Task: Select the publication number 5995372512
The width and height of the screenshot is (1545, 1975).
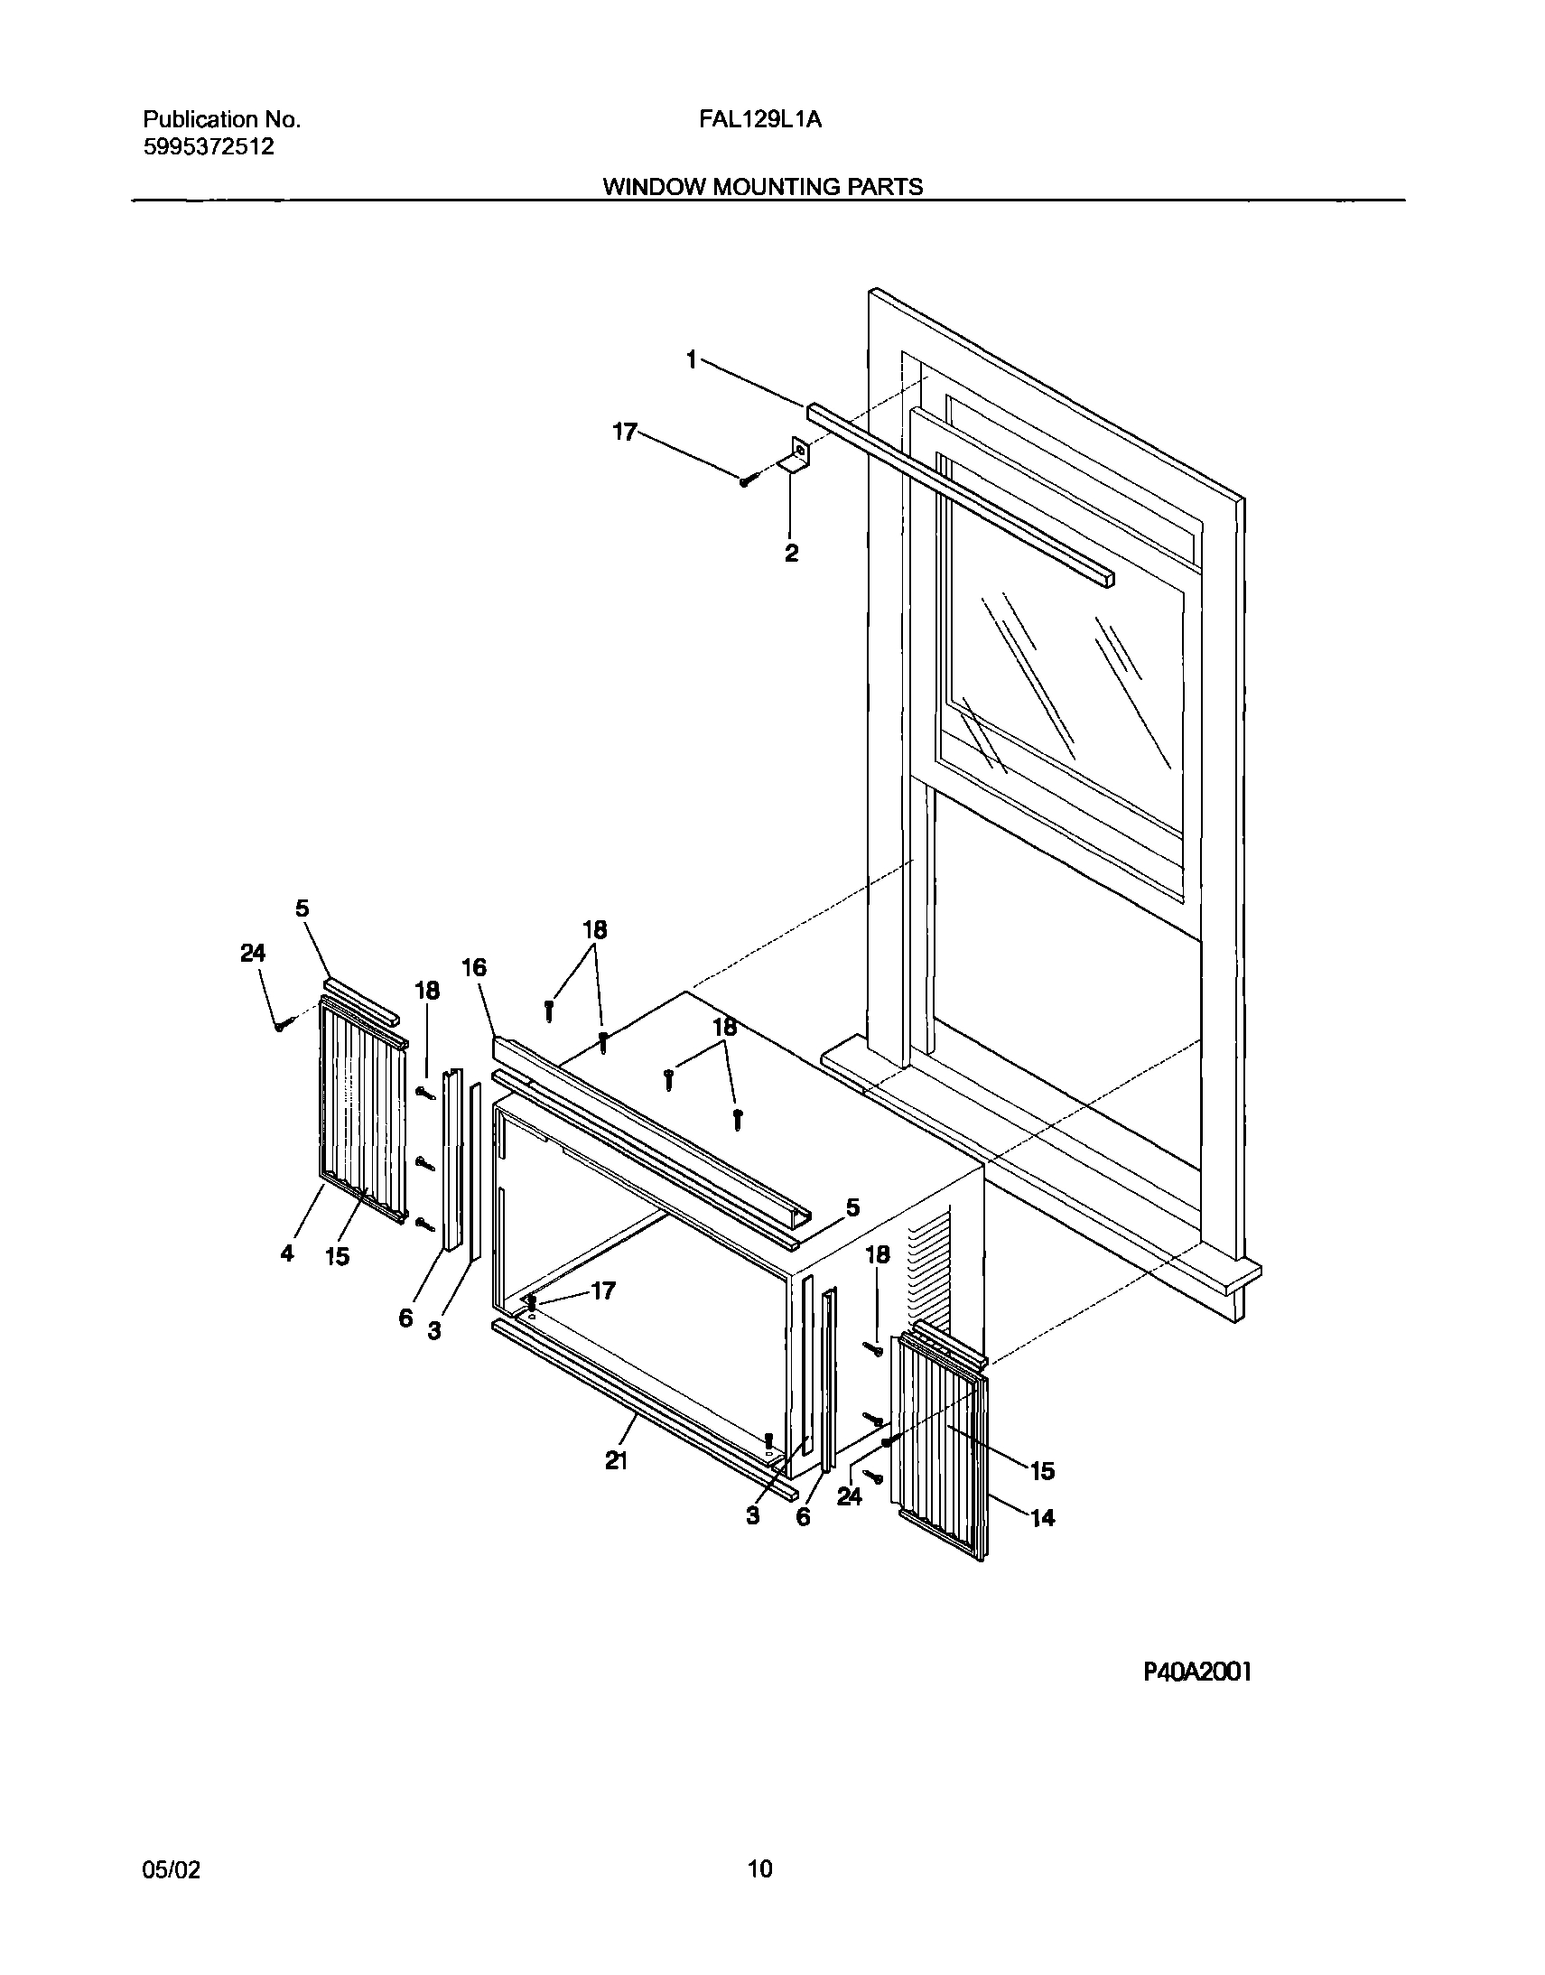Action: tap(209, 146)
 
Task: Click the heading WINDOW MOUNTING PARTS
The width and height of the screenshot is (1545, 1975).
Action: tap(762, 186)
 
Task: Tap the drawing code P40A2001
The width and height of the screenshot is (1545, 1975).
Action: tap(1197, 1672)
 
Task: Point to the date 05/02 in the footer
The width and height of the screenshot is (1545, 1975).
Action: tap(171, 1870)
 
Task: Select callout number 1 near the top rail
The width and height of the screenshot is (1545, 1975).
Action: tap(692, 360)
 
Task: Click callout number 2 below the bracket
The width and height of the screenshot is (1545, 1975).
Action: tap(792, 554)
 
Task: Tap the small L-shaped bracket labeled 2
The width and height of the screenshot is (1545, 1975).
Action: tap(796, 454)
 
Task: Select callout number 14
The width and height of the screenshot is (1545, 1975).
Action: tap(1043, 1517)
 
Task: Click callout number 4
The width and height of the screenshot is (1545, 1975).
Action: tap(287, 1254)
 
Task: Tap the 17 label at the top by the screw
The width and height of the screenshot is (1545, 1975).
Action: tap(625, 433)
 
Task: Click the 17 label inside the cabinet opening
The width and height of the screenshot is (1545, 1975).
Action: tap(602, 1291)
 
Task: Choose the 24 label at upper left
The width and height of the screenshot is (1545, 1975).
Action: tap(253, 953)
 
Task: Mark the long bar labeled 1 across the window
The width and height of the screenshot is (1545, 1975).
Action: tap(959, 493)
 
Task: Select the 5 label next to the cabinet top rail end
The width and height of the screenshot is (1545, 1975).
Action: tap(852, 1207)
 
